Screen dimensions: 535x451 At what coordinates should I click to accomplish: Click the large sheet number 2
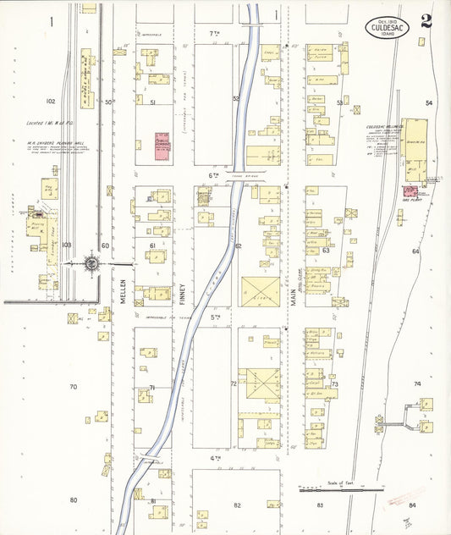[426, 20]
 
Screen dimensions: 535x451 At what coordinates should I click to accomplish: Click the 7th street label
[214, 32]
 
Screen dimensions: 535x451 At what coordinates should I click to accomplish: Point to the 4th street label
[215, 458]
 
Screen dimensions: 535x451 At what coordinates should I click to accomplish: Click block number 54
[429, 103]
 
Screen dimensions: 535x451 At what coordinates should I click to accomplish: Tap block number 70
[73, 387]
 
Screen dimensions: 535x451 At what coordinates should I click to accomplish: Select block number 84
[412, 505]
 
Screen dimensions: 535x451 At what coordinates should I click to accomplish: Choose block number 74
[416, 383]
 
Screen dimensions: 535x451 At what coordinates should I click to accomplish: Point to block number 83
[321, 505]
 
